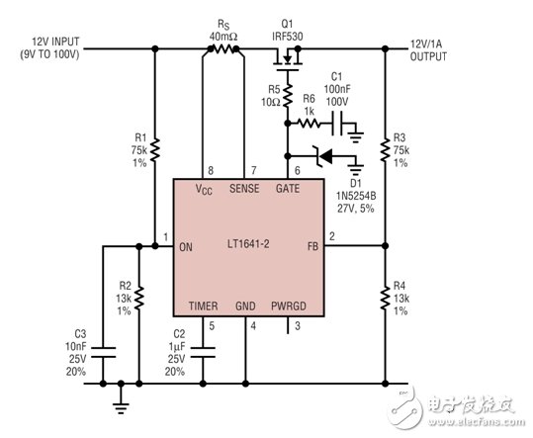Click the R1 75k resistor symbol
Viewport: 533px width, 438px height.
tap(155, 145)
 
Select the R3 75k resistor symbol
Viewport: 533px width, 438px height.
tap(385, 145)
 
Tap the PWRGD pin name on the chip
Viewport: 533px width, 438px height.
tap(289, 307)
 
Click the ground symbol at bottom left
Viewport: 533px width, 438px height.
tap(121, 399)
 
